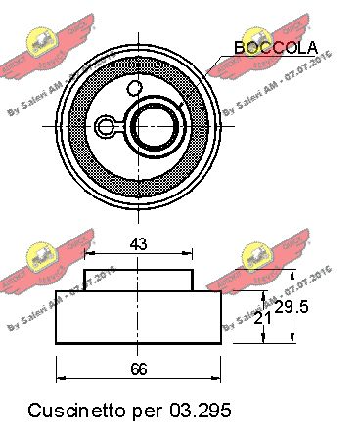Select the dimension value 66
(137, 369)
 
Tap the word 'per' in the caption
(148, 407)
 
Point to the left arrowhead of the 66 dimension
(61, 379)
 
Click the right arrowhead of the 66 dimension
(215, 379)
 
